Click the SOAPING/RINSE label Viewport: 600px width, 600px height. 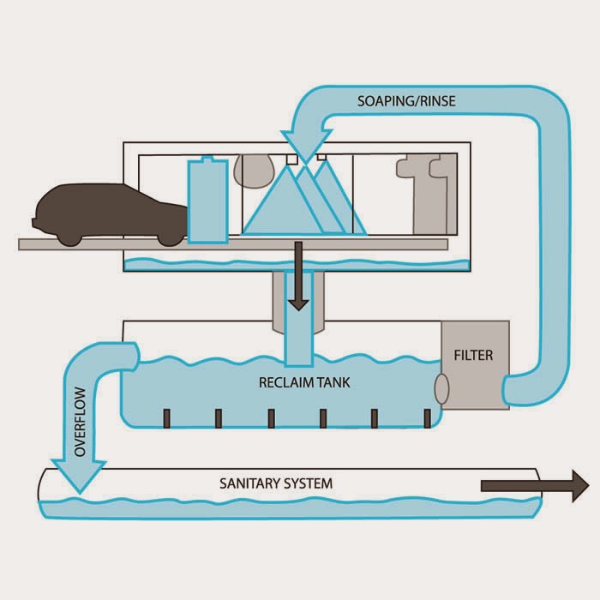tap(406, 101)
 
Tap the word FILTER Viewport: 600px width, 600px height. tap(473, 356)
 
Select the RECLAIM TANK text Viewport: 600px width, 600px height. tap(304, 382)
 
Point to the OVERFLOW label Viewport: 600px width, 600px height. tap(80, 422)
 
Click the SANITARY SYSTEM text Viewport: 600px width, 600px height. tap(276, 483)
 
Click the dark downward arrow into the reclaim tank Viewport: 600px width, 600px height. tap(298, 275)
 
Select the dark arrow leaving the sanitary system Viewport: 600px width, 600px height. tap(535, 486)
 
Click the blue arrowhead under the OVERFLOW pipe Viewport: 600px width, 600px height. tap(79, 476)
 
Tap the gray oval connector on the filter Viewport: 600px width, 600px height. tap(441, 389)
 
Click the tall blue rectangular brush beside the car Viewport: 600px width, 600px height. tap(207, 201)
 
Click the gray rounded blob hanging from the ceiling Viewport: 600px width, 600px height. tap(254, 171)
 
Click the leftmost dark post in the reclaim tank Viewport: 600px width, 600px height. tap(166, 418)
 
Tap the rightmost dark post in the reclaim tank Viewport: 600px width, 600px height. tap(428, 418)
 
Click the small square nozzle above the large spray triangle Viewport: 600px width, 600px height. tap(292, 159)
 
